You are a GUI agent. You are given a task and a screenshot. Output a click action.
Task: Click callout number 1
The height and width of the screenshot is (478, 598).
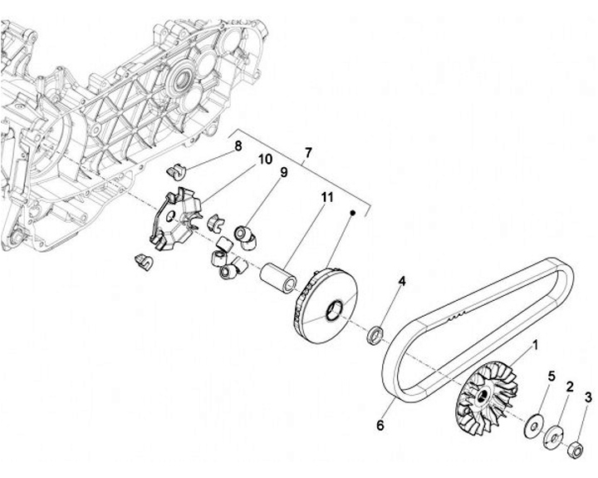pyautogui.click(x=535, y=343)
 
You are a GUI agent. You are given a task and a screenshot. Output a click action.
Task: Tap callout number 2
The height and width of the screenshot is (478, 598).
pyautogui.click(x=570, y=387)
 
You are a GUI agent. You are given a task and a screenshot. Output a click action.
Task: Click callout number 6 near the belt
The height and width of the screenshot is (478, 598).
pyautogui.click(x=380, y=426)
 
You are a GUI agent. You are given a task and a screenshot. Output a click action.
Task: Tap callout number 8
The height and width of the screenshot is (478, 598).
pyautogui.click(x=238, y=146)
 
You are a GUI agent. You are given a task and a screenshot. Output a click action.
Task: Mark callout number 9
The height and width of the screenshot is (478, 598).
pyautogui.click(x=283, y=173)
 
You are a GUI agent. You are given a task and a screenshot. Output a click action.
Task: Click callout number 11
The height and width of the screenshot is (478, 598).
pyautogui.click(x=326, y=197)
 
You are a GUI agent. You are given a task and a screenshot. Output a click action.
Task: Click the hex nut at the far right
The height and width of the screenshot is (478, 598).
pyautogui.click(x=573, y=451)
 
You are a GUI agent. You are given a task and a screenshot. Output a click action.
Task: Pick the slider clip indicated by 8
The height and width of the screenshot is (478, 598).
pyautogui.click(x=175, y=170)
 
